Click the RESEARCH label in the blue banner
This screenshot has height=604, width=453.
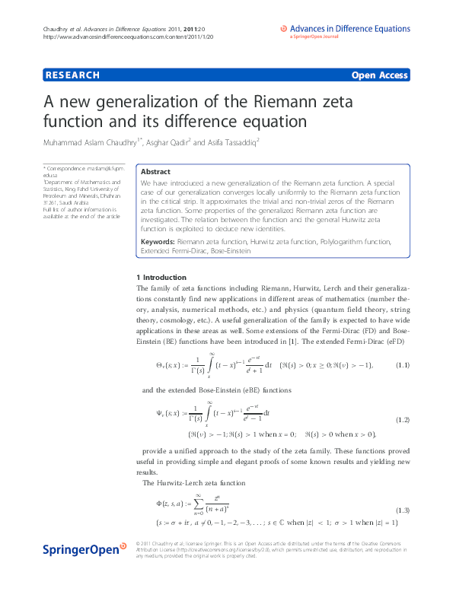click(x=73, y=75)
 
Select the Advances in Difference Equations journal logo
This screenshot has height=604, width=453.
click(x=343, y=31)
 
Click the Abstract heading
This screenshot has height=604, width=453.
click(x=155, y=172)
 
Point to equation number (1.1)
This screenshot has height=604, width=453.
click(x=404, y=366)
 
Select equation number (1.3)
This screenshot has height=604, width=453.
click(x=404, y=509)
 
